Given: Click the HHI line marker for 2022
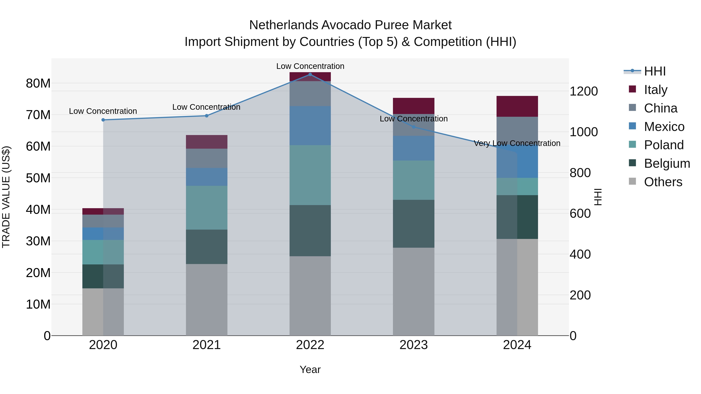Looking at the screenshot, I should point(310,75).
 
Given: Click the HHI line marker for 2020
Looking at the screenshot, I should point(103,120).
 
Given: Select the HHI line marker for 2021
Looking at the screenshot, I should point(207,116).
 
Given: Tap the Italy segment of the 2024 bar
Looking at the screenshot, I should point(517,106).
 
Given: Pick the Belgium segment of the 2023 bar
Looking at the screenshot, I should point(413,224).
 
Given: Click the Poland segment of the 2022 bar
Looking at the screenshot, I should point(310,175).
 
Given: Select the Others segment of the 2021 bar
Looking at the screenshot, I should point(207,300).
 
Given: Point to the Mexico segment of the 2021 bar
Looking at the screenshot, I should point(207,177).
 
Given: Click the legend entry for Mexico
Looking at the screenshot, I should point(664,127).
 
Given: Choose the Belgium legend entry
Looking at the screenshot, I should point(667,163).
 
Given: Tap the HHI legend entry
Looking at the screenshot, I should point(654,71).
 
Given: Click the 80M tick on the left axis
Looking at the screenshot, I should point(38,83).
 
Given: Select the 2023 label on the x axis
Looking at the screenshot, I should point(413,345).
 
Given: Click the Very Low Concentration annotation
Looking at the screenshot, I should point(517,143).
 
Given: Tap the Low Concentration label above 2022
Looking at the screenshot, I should point(310,66).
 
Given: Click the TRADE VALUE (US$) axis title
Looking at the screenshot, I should point(6,197).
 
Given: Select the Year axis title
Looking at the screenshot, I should point(310,369).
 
